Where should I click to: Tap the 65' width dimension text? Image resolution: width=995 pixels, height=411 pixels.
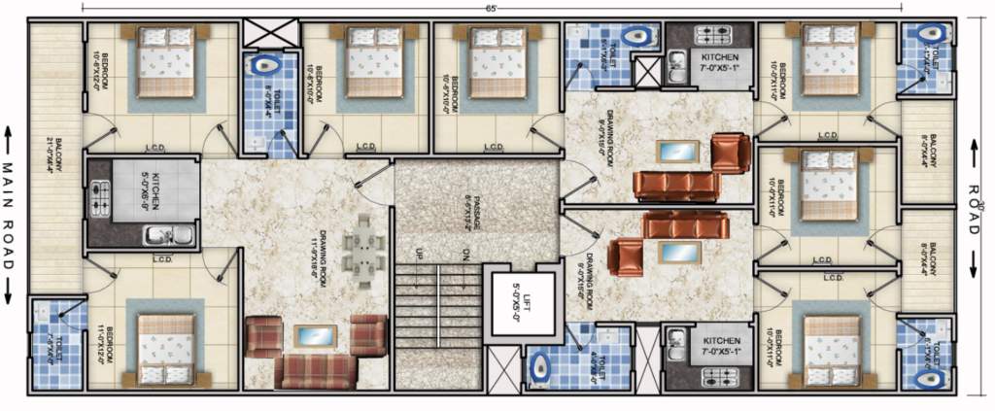click(x=493, y=8)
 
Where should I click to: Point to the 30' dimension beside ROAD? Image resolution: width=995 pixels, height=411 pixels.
click(x=981, y=205)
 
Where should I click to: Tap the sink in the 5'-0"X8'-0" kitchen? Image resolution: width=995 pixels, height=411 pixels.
click(x=160, y=234)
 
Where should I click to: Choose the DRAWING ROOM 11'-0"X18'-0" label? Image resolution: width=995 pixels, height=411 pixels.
click(x=287, y=247)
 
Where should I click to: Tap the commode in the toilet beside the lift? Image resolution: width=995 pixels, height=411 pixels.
click(x=539, y=367)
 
